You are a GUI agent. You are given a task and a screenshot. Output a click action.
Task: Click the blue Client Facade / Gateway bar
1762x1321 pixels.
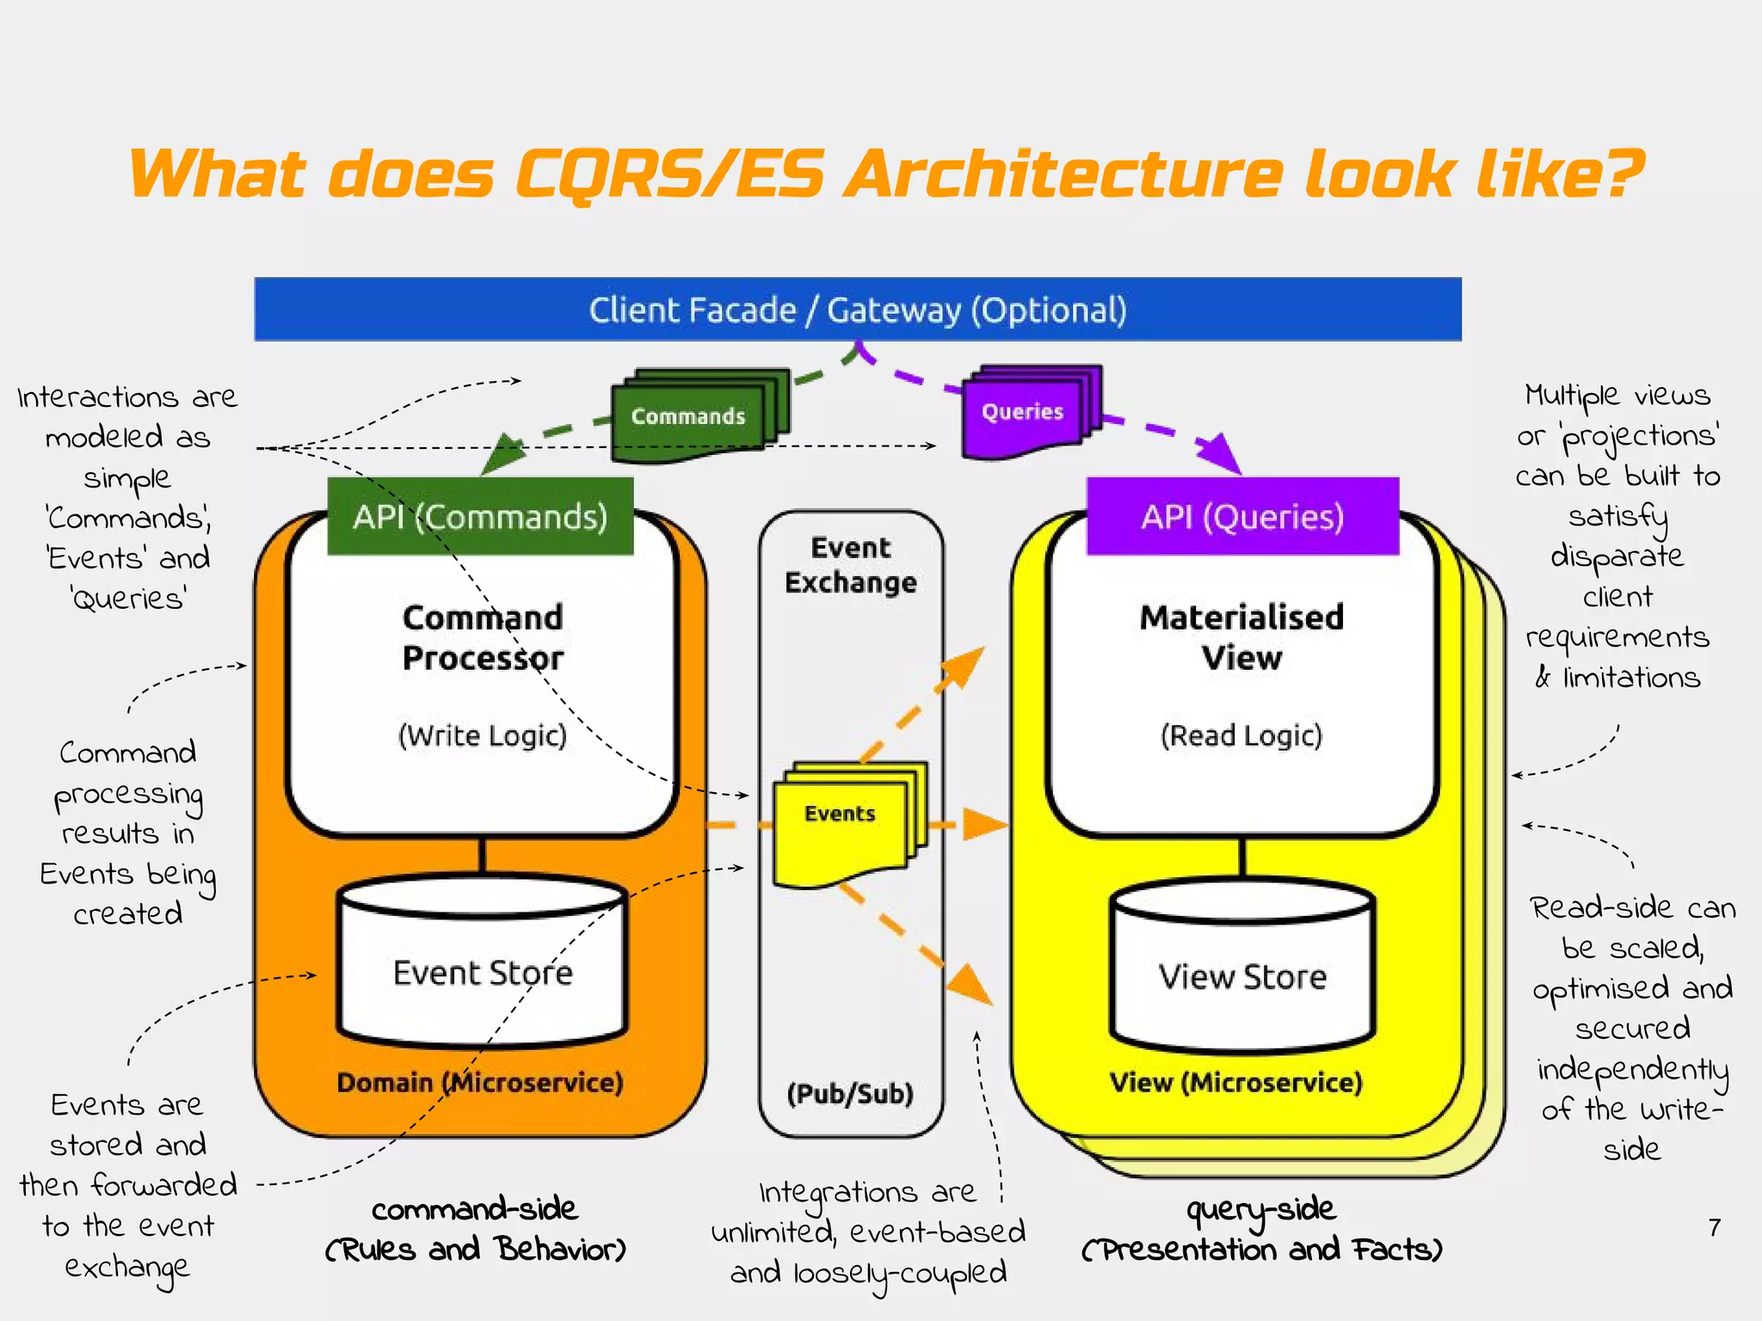858,310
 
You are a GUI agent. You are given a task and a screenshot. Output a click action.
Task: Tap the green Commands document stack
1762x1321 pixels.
688,416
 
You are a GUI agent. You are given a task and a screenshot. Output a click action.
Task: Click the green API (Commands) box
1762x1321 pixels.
480,517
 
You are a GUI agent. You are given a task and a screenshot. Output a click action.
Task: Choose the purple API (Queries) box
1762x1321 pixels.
1242,517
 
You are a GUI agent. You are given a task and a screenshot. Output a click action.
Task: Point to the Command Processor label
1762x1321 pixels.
483,637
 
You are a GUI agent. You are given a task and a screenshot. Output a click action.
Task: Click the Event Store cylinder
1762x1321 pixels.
483,973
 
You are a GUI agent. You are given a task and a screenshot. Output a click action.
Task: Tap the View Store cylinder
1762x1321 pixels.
1242,976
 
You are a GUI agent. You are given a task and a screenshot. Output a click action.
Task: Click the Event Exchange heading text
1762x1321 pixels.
851,565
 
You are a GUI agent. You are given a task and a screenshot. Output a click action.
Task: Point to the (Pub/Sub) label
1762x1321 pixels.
850,1094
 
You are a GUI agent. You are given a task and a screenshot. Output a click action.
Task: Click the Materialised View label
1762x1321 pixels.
1241,637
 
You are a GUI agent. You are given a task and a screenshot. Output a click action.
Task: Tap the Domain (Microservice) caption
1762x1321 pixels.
480,1082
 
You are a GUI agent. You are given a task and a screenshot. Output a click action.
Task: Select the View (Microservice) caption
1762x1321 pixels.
1236,1082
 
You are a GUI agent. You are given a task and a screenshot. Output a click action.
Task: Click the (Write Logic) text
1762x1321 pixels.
483,735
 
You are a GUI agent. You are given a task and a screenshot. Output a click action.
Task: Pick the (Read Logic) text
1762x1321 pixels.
1241,735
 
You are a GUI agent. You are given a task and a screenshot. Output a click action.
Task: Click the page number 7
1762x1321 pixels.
1714,1227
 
